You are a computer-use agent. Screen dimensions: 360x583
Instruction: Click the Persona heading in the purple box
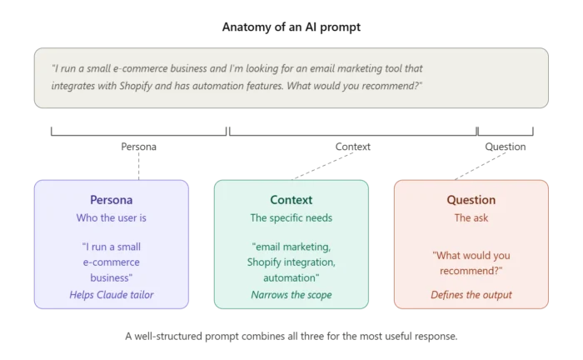pyautogui.click(x=111, y=200)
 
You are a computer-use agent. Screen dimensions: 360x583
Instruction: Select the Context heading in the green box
pyautogui.click(x=291, y=200)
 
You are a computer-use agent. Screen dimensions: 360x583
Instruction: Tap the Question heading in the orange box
pyautogui.click(x=471, y=200)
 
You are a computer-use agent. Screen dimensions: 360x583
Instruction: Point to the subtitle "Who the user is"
pyautogui.click(x=111, y=217)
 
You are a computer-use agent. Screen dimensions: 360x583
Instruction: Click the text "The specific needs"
pyautogui.click(x=291, y=217)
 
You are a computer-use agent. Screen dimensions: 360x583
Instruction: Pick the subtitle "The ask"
pyautogui.click(x=471, y=217)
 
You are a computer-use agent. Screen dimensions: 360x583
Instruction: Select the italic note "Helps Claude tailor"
pyautogui.click(x=111, y=294)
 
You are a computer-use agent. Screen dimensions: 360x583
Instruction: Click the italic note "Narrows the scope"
pyautogui.click(x=291, y=294)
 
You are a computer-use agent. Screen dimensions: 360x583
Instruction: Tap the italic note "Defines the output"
pyautogui.click(x=471, y=294)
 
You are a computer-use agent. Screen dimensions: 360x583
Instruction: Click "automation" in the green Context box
pyautogui.click(x=291, y=278)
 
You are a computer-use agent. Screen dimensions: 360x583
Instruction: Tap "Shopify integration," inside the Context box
pyautogui.click(x=291, y=262)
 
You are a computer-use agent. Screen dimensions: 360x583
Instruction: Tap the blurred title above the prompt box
pyautogui.click(x=291, y=27)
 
